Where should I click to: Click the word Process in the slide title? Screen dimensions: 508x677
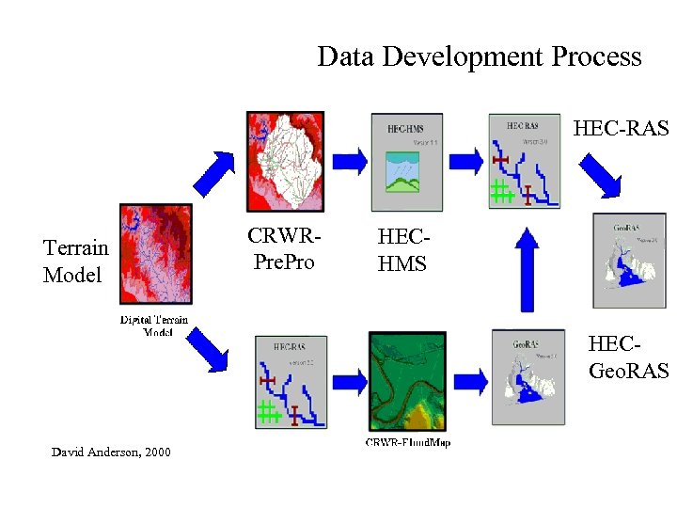click(596, 56)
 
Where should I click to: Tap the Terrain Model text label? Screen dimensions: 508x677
click(76, 261)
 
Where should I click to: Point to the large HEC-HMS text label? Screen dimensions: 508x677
click(402, 250)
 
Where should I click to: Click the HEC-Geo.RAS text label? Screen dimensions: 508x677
click(628, 358)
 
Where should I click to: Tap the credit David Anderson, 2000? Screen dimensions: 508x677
click(111, 452)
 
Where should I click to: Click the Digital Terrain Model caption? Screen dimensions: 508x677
click(154, 325)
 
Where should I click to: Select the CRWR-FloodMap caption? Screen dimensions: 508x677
click(407, 442)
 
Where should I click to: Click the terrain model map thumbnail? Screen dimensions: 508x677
click(155, 255)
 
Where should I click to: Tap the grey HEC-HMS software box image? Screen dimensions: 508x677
click(407, 162)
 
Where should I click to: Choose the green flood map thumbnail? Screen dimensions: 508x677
click(407, 382)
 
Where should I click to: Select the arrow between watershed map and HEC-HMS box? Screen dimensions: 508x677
click(350, 161)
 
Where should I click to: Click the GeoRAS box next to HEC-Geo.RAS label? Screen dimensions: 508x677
click(629, 261)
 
